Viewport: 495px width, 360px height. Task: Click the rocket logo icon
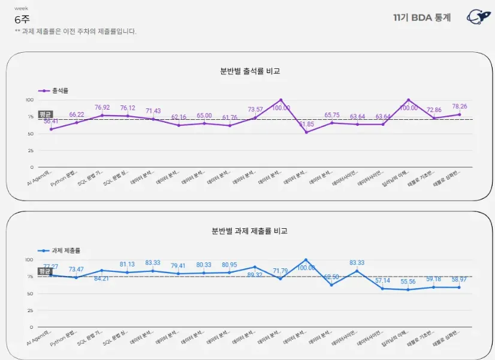[x=478, y=17]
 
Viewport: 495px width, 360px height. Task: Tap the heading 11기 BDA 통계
[x=422, y=17]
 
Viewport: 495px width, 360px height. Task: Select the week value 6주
[x=22, y=19]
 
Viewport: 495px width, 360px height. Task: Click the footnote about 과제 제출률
[x=75, y=31]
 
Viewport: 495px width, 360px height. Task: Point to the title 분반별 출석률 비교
[x=249, y=71]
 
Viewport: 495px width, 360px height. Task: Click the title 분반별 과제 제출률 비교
[x=249, y=231]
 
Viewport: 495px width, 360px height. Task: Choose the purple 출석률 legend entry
[x=54, y=90]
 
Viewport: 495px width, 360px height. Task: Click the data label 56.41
[x=50, y=121]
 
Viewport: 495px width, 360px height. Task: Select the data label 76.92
[x=102, y=108]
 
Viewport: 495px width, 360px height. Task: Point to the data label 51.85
[x=306, y=124]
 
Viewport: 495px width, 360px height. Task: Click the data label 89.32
[x=255, y=275]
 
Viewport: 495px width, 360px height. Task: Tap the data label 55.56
[x=408, y=282]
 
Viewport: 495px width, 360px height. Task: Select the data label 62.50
[x=331, y=277]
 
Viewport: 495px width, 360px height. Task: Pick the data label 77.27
[x=50, y=267]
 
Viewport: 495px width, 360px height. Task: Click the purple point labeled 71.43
[x=153, y=119]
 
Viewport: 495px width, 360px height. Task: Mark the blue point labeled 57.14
[x=383, y=289]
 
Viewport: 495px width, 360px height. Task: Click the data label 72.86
[x=434, y=110]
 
